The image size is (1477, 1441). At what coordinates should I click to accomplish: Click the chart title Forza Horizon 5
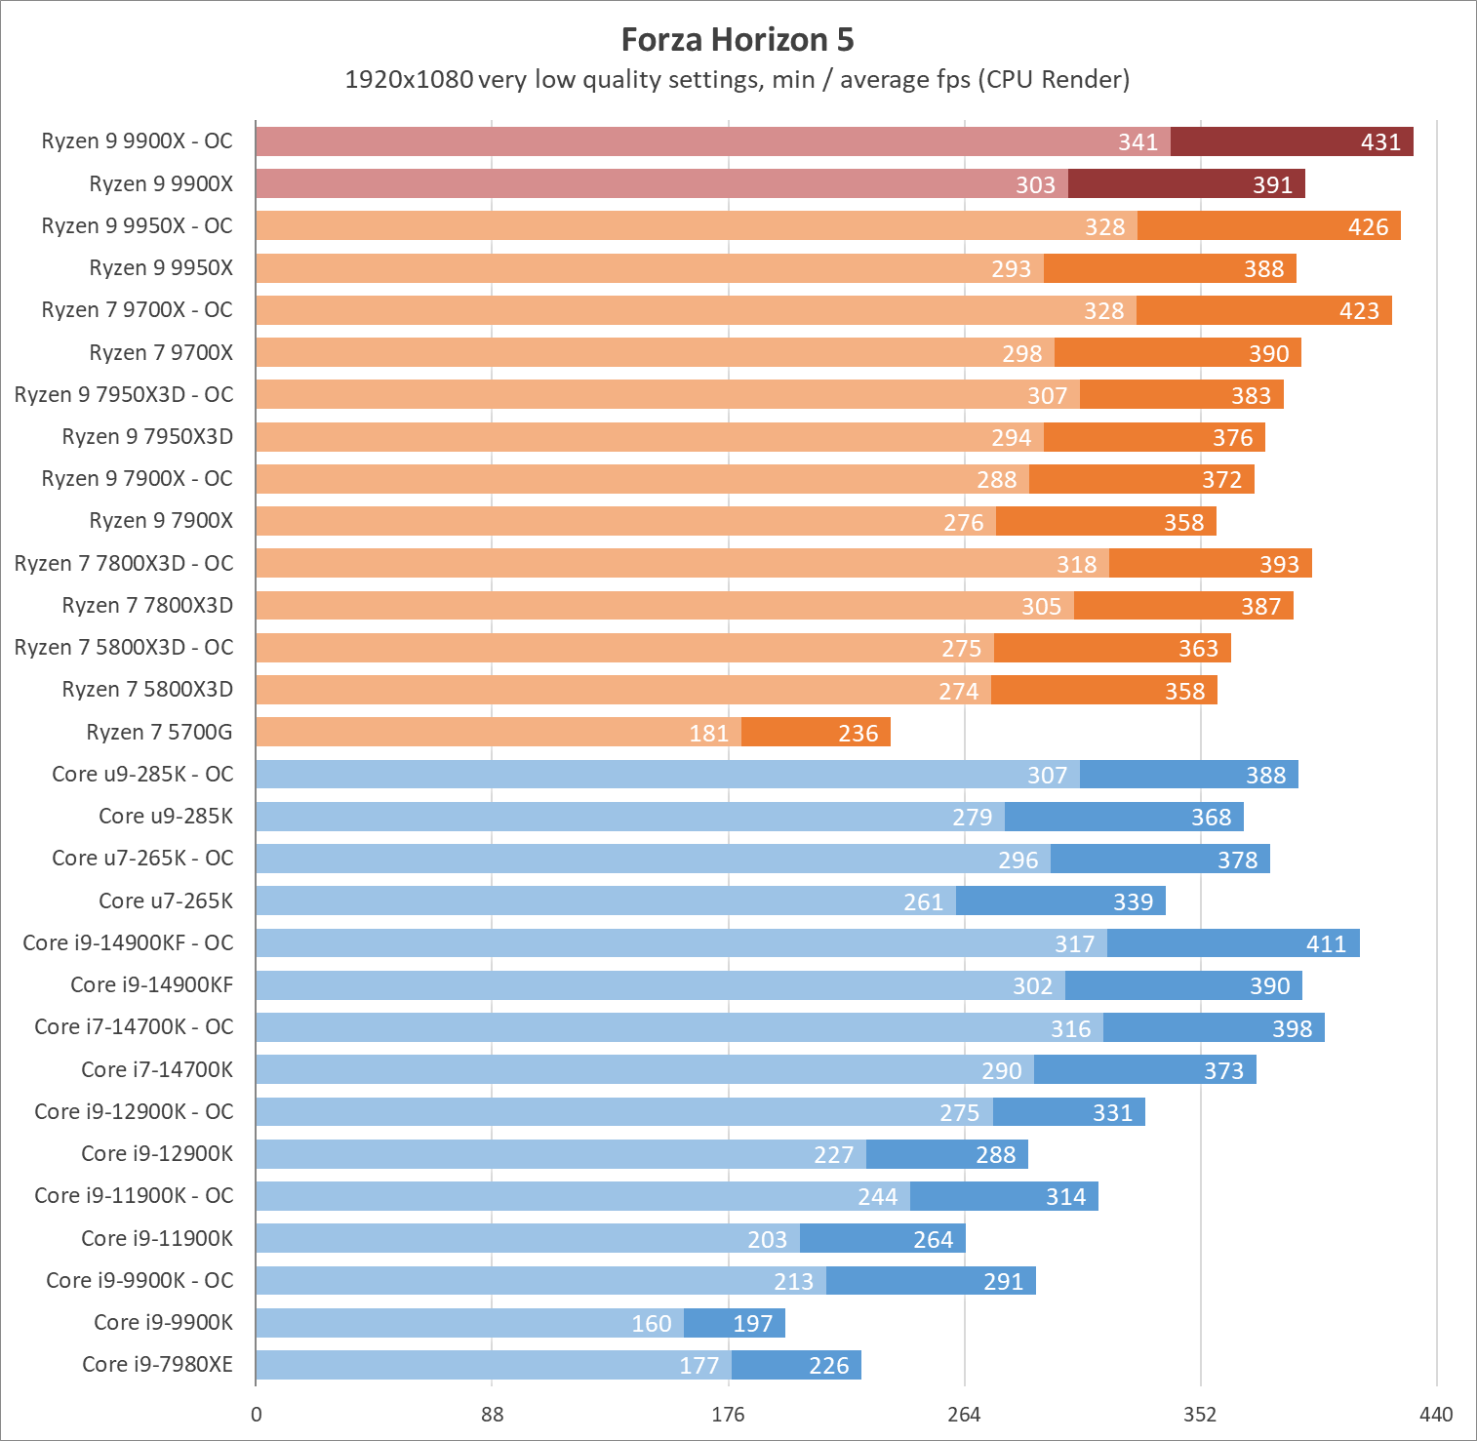click(738, 40)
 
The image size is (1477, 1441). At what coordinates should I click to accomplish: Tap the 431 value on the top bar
click(1380, 142)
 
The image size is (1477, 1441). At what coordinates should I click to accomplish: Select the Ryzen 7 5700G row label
click(159, 732)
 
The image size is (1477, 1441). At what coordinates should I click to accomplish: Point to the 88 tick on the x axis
click(493, 1415)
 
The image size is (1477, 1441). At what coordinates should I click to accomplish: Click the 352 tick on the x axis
click(1200, 1415)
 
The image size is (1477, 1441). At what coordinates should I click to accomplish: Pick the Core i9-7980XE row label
click(157, 1364)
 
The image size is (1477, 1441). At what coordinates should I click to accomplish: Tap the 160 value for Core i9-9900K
click(652, 1324)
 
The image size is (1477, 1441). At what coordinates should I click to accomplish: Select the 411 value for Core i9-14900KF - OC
click(1326, 944)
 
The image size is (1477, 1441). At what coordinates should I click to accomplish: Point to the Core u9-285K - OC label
click(142, 774)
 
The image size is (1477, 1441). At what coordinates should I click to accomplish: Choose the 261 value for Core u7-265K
click(923, 902)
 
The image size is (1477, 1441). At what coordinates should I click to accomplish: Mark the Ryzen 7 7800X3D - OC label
click(124, 563)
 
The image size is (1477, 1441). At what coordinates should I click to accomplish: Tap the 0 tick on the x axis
click(257, 1415)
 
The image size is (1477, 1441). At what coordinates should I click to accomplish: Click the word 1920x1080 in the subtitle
click(409, 79)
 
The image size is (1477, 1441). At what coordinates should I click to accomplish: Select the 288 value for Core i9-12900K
click(995, 1155)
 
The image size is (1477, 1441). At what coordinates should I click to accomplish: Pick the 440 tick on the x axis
click(1436, 1415)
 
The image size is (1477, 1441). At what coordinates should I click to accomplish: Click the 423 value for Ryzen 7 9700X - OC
click(1359, 311)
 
